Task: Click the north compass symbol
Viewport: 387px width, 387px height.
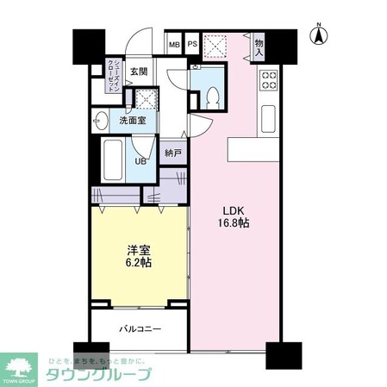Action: [x=319, y=35]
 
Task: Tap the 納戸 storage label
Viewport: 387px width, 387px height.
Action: [x=173, y=153]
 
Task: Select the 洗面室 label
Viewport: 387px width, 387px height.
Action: [x=132, y=121]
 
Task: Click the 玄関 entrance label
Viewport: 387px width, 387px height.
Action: [x=140, y=72]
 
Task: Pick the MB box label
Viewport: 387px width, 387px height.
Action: [x=174, y=45]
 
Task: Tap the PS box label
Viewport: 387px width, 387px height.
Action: [x=192, y=45]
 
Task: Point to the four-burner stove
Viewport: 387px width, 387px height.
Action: [x=269, y=79]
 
